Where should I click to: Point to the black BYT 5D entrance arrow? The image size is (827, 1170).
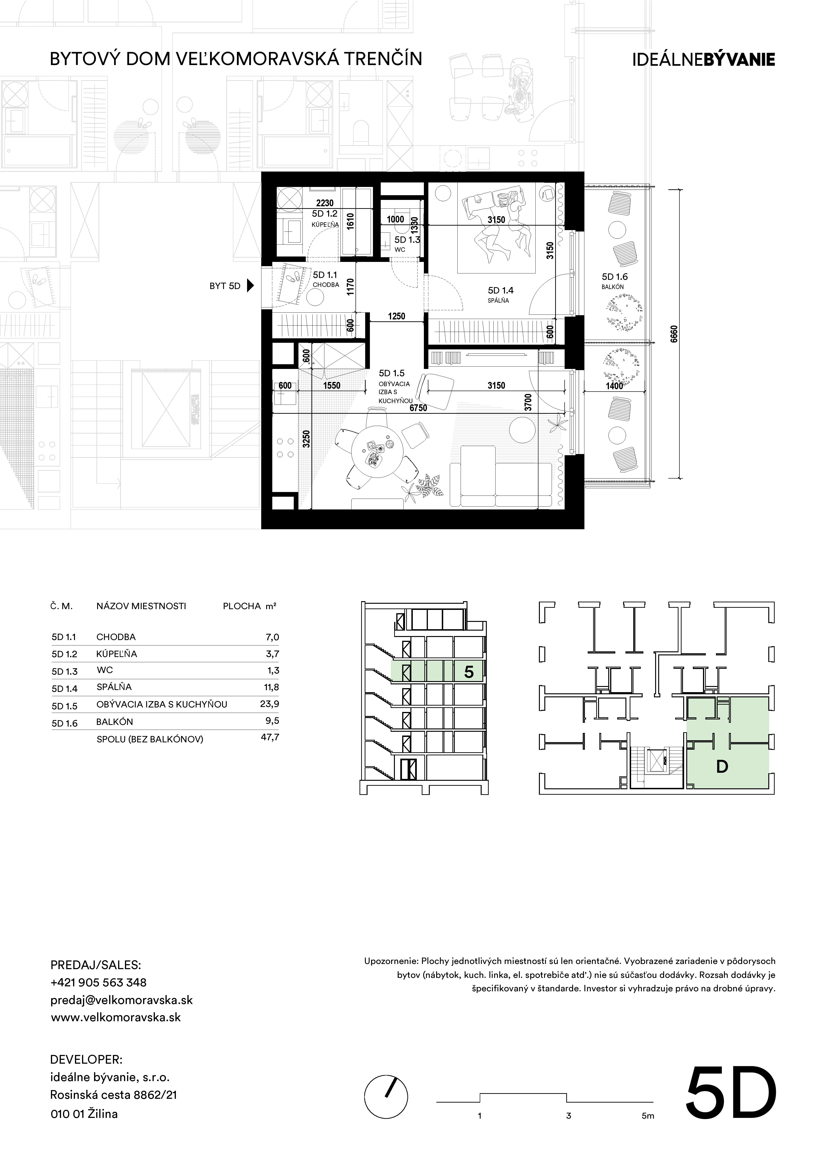point(250,286)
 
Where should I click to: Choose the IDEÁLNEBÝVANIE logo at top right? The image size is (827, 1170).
point(704,59)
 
